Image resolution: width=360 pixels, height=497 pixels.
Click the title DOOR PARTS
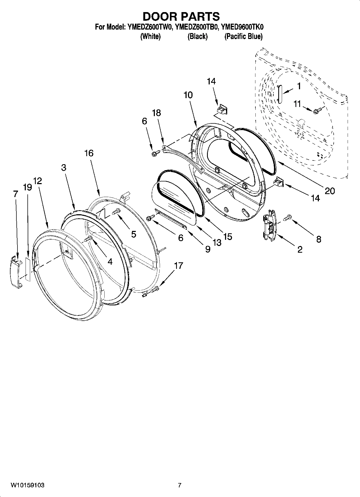click(181, 17)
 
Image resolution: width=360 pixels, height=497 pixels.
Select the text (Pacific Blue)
click(243, 36)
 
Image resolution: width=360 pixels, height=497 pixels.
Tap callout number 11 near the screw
click(297, 104)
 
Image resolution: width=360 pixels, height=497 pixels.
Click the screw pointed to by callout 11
click(317, 110)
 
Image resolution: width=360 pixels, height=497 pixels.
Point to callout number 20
click(330, 191)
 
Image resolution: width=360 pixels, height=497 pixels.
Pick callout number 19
click(27, 187)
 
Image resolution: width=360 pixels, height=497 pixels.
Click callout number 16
click(89, 153)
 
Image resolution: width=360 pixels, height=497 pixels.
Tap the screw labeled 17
click(156, 289)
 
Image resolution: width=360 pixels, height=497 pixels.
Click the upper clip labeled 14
click(222, 109)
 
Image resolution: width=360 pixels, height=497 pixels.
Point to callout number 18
click(156, 113)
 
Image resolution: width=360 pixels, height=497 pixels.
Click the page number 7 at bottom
click(180, 485)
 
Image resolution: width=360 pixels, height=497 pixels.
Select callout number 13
click(217, 242)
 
